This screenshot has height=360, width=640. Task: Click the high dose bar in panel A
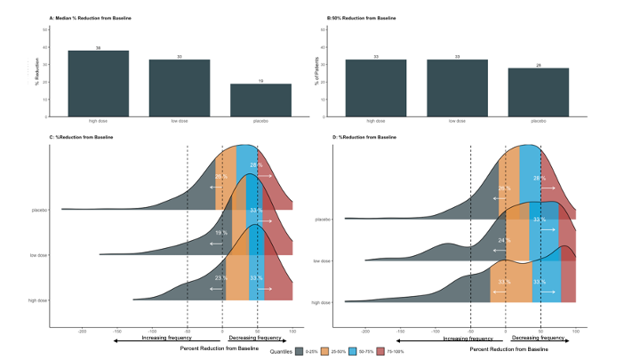98,83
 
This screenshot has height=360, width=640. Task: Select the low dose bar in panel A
179,87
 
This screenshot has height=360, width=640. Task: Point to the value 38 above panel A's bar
98,48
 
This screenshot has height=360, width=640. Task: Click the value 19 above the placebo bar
260,82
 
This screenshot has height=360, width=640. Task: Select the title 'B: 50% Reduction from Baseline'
366,18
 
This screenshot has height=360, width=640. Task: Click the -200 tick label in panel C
82,331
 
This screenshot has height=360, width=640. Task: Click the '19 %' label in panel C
221,232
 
